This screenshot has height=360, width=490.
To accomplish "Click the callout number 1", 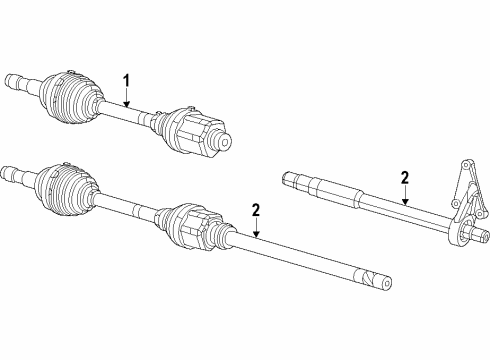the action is point(127,79).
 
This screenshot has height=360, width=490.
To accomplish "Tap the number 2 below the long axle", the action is point(256,209).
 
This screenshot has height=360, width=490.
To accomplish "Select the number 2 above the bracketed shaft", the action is point(404,178).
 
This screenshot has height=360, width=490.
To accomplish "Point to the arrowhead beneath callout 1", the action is point(127,103).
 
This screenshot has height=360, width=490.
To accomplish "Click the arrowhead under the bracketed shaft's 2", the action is point(404,204).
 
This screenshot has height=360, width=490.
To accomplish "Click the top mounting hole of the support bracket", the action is point(465,164).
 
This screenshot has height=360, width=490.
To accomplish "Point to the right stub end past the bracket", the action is point(482,238).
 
